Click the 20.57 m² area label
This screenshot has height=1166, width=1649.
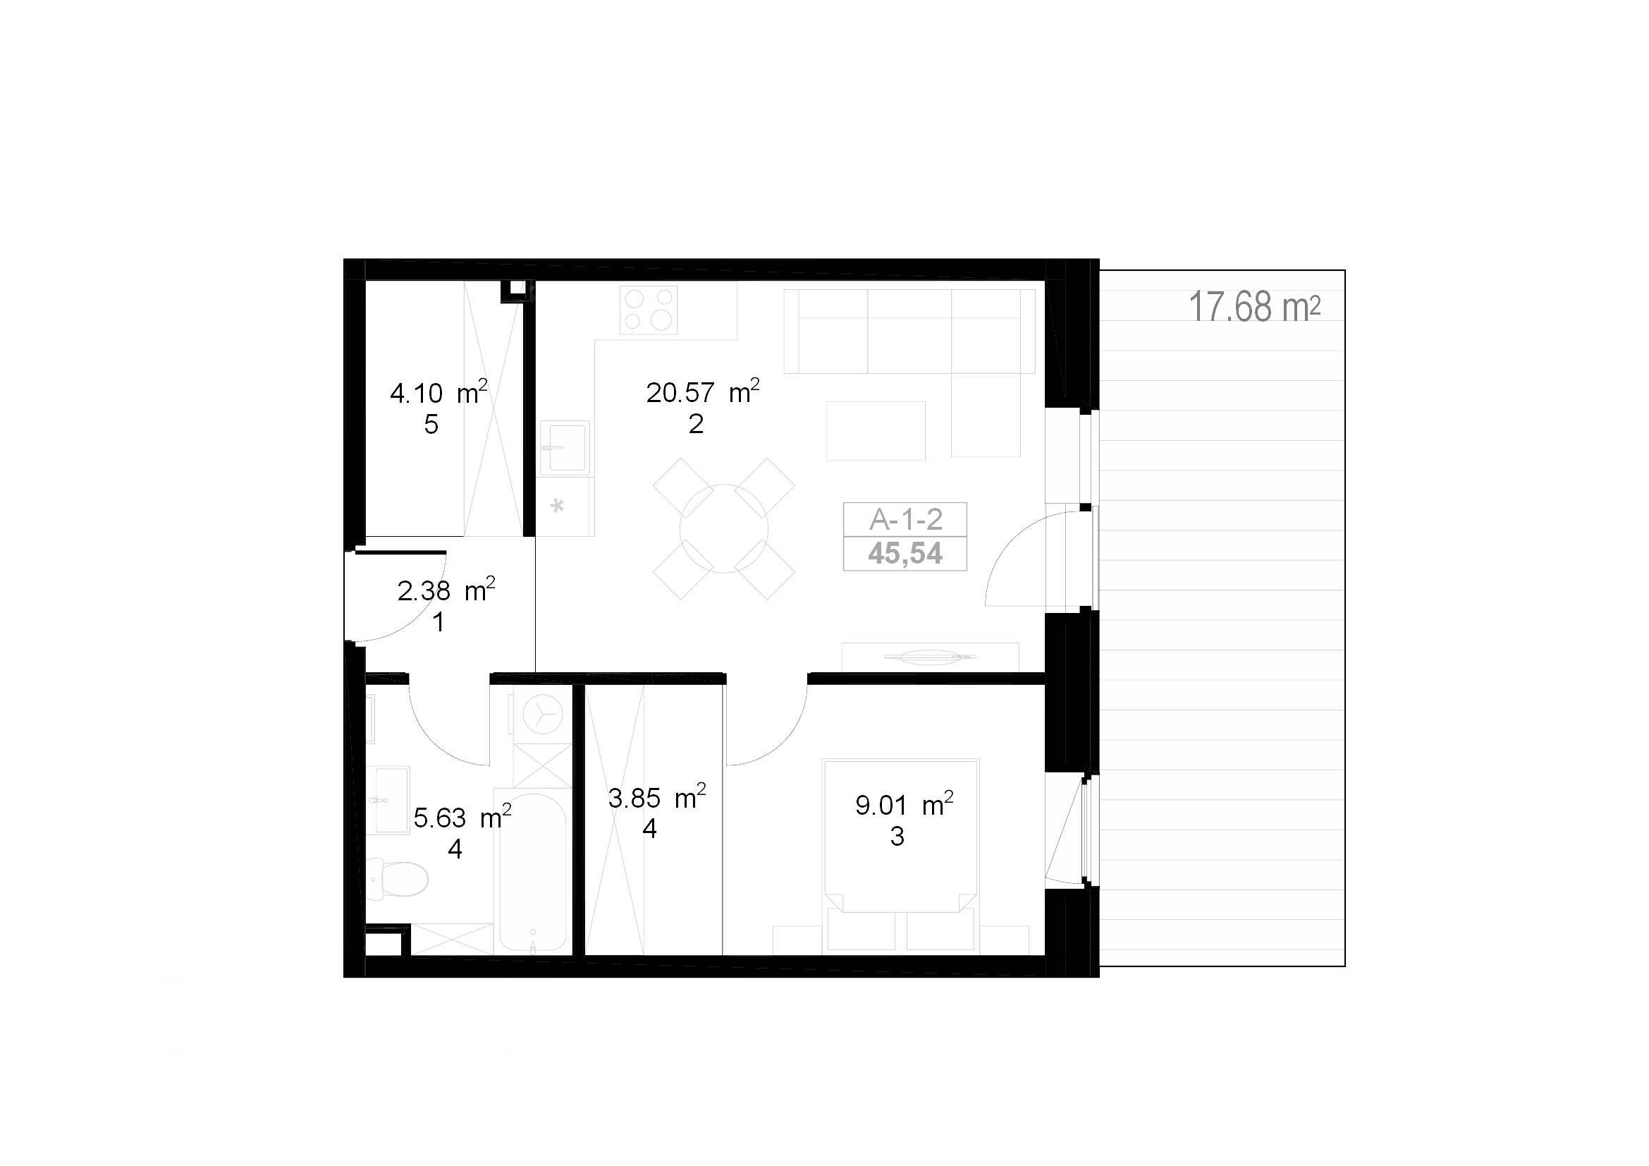click(x=702, y=391)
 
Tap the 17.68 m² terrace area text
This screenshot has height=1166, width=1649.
click(x=1255, y=307)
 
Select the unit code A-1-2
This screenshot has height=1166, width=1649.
click(x=906, y=518)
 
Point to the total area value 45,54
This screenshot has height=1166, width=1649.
click(x=905, y=553)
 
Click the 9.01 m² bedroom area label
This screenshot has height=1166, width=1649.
click(x=905, y=805)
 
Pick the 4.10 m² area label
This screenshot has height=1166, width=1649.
click(x=439, y=392)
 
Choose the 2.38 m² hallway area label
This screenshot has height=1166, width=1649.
click(x=446, y=590)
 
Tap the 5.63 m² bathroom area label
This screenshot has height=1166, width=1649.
click(x=462, y=817)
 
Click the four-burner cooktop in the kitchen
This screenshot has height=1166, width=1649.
click(x=649, y=310)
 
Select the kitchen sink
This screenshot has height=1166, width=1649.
click(x=565, y=449)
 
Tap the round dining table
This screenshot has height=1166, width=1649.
click(x=724, y=529)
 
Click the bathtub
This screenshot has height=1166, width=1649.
click(x=532, y=873)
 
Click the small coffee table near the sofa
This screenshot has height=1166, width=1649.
click(x=876, y=430)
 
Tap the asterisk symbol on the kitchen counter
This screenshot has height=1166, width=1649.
click(x=557, y=506)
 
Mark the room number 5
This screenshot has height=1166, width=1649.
click(x=431, y=425)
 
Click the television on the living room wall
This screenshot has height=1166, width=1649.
click(x=930, y=657)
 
